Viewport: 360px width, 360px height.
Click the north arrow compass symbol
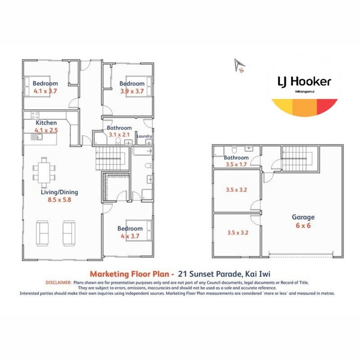(x=239, y=65)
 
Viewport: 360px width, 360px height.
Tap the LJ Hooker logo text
(x=304, y=82)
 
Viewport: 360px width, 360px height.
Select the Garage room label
(x=303, y=217)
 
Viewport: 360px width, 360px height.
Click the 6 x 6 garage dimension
(x=303, y=225)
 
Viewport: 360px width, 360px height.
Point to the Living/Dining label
(x=59, y=192)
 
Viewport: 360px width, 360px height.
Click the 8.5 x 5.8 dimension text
(x=59, y=200)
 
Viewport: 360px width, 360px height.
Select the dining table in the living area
(x=44, y=172)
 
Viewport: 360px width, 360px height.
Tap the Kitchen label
(x=46, y=122)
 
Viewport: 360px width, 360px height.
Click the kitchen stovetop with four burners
(x=35, y=115)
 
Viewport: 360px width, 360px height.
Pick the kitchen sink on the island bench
(x=37, y=137)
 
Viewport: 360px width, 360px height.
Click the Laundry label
(x=144, y=136)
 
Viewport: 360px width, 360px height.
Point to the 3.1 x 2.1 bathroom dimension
(x=119, y=135)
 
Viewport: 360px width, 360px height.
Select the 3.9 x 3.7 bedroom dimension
(x=132, y=91)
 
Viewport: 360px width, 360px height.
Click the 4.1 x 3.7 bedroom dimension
(x=45, y=91)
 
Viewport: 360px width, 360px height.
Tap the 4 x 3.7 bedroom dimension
(x=130, y=236)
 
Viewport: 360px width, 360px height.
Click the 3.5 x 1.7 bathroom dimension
(x=236, y=164)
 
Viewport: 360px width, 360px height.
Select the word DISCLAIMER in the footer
(x=58, y=283)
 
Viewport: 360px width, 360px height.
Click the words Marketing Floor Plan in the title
(x=130, y=274)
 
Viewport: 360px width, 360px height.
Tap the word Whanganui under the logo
(x=305, y=92)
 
